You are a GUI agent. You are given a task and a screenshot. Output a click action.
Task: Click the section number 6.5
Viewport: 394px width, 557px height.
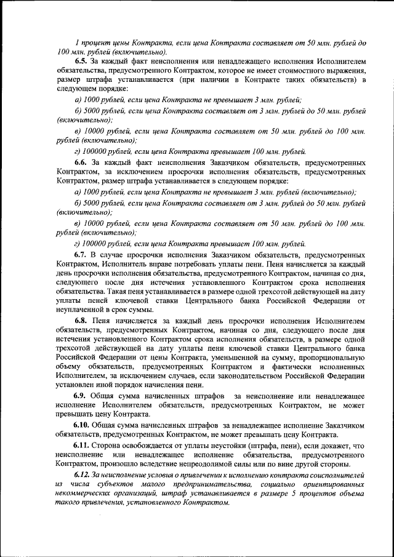[83, 62]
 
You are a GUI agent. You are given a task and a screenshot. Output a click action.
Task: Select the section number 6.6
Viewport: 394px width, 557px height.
[83, 162]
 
